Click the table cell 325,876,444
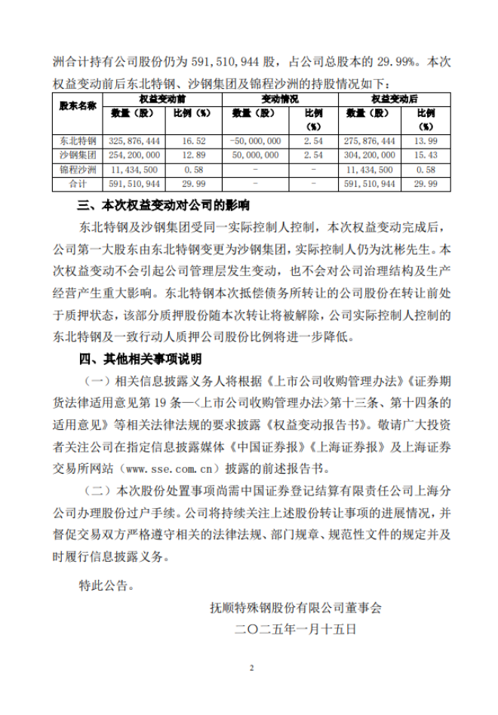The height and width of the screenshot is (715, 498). (136, 141)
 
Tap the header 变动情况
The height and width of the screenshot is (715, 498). (281, 99)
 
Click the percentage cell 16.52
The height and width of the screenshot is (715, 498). (195, 141)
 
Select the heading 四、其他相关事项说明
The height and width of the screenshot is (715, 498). (140, 357)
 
